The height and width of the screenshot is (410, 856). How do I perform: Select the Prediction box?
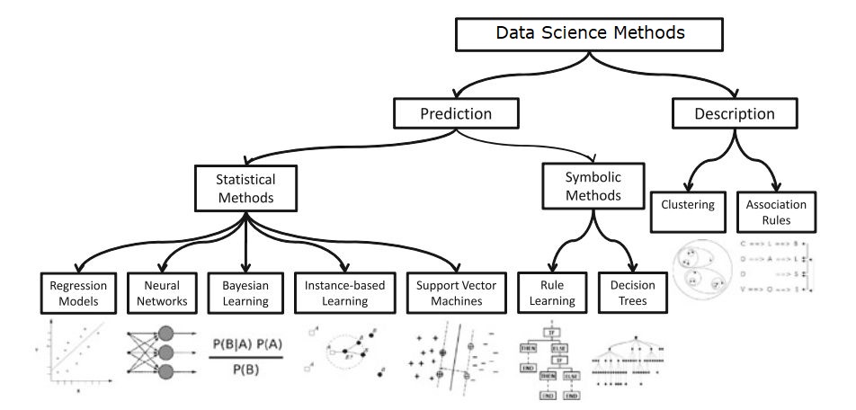pos(456,113)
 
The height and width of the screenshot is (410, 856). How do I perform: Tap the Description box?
pos(735,113)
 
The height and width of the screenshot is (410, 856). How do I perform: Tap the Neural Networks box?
pos(158,292)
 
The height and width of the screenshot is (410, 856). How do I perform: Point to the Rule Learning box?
pos(546,292)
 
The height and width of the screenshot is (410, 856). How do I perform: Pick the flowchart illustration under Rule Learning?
pos(548,360)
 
